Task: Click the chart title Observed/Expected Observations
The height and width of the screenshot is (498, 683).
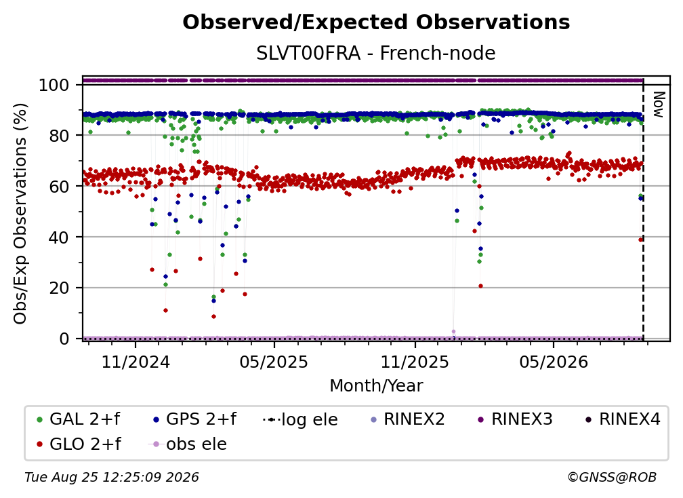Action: (376, 22)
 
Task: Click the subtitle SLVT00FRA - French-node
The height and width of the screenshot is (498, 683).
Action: (376, 53)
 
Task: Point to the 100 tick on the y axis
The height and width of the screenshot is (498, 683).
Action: (54, 85)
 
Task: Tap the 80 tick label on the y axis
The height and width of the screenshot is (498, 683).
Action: (59, 136)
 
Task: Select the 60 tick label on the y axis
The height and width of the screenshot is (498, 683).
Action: (59, 187)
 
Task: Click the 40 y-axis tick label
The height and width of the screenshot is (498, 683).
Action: (59, 237)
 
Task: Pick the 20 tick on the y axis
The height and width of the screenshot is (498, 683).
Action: (59, 288)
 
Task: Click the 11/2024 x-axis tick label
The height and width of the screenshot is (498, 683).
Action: (136, 362)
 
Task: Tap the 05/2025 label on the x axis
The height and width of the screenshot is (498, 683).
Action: (274, 362)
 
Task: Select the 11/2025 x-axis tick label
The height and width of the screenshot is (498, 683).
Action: (415, 362)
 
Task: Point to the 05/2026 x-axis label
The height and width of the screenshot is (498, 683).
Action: (553, 362)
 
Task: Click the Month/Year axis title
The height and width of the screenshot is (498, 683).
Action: (376, 386)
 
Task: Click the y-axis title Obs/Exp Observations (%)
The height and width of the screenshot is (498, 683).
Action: (20, 214)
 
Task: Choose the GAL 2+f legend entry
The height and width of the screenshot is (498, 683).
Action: (79, 419)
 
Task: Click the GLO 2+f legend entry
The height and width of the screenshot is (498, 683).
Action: (79, 444)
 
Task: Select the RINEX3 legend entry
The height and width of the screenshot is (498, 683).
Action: (515, 419)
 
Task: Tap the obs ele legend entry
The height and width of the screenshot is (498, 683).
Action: (188, 444)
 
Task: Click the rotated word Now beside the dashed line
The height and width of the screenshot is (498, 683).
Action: (658, 104)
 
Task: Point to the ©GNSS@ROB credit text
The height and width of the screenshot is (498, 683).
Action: (612, 478)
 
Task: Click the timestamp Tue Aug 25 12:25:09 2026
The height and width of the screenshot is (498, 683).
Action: (112, 478)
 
